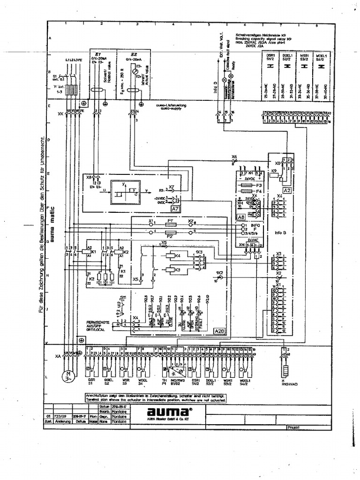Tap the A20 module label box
click(219, 331)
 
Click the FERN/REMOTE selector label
click(95, 322)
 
